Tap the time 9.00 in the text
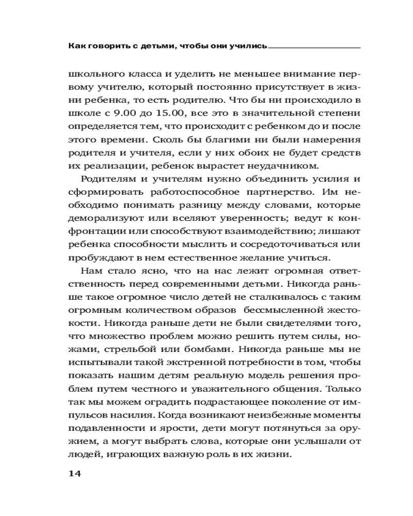point(128,112)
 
